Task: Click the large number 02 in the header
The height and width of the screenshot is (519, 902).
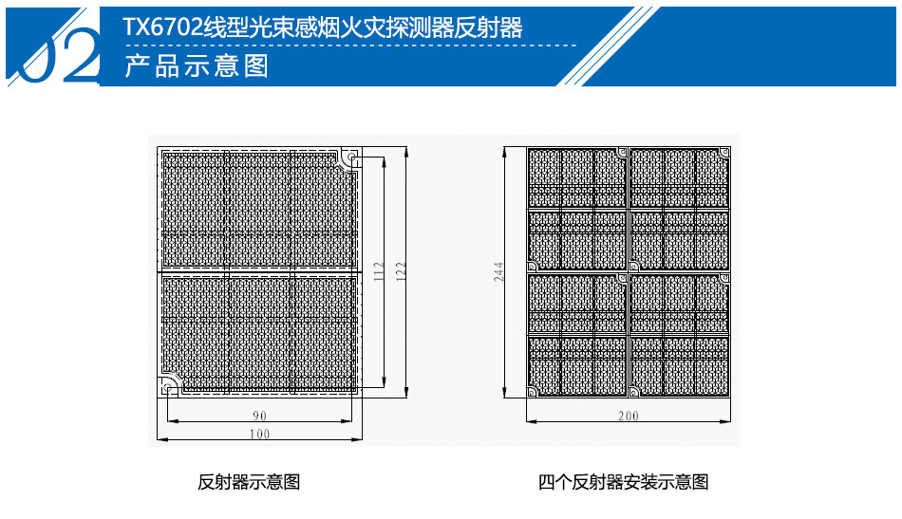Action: (x=64, y=55)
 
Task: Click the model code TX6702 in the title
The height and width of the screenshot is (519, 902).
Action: (x=162, y=28)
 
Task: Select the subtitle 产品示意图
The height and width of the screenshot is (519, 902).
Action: (x=197, y=65)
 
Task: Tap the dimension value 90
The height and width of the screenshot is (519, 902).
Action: (x=259, y=416)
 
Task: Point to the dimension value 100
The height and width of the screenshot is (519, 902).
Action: (x=259, y=434)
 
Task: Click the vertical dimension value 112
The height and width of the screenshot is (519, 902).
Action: (x=379, y=271)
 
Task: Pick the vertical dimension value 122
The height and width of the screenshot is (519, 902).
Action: (x=401, y=271)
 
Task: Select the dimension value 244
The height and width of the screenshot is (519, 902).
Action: (x=498, y=271)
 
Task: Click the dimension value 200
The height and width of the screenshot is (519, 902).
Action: (x=629, y=416)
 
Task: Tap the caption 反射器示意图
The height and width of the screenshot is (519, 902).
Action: (x=249, y=482)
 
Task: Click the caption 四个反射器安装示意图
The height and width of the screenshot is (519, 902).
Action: (x=623, y=482)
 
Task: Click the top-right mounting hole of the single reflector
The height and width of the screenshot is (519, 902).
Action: (x=351, y=157)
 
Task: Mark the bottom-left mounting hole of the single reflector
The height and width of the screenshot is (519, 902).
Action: (x=167, y=387)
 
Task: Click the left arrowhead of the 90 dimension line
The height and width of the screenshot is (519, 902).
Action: (x=171, y=421)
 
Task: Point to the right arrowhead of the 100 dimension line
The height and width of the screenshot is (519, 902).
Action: (x=358, y=439)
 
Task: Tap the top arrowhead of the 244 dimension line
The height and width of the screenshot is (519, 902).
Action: (x=505, y=152)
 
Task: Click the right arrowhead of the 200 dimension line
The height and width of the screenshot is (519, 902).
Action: (x=726, y=421)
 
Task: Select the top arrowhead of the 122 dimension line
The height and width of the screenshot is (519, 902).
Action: (x=406, y=152)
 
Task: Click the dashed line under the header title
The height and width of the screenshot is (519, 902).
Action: (x=349, y=45)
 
